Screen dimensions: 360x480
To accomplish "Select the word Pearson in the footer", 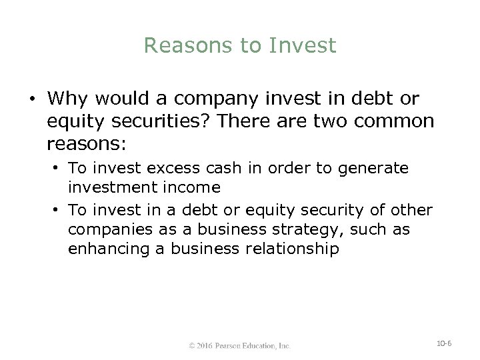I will [x=235, y=345].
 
